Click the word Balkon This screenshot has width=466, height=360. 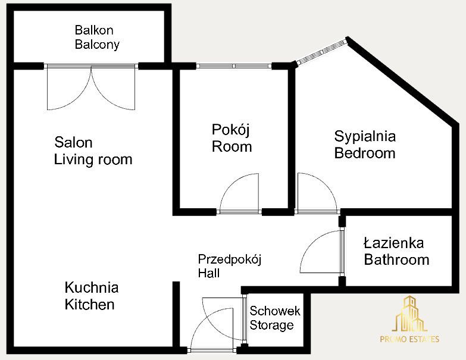pos(94,30)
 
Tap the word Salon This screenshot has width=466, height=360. pos(73,143)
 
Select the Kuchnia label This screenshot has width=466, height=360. pos(92,287)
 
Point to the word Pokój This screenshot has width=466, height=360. pos(231,130)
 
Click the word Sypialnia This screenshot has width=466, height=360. pos(365,137)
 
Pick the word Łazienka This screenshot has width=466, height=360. pos(394,243)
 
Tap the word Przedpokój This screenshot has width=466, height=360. pos(230,260)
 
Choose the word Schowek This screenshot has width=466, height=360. pos(275,311)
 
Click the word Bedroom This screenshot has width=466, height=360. pos(365,154)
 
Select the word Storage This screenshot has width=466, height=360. pos(271,325)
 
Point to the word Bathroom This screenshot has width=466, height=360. pos(397,260)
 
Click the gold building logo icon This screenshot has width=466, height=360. pos(409,314)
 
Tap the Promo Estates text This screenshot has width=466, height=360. pos(409,339)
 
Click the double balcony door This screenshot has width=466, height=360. pos(91,87)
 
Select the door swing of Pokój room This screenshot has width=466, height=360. pos(239,193)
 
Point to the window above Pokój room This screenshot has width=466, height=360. pos(234,66)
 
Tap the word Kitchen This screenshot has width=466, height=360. pos(90,305)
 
